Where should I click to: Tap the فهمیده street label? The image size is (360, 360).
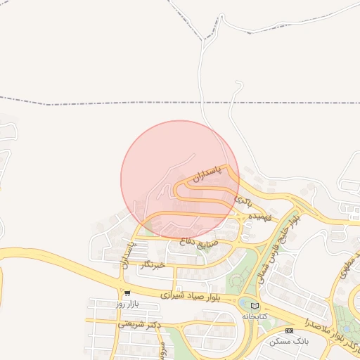pos(261,218)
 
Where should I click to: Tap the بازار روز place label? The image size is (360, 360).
pos(129,303)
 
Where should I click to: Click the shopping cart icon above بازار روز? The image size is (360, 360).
pos(127,292)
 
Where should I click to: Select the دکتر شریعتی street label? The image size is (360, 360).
pos(140,324)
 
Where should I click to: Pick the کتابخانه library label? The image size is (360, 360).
pos(255,316)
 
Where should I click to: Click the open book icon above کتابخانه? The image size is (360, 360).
pos(255,307)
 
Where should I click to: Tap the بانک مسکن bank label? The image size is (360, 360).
pos(289,341)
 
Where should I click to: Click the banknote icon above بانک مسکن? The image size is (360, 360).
pos(289,330)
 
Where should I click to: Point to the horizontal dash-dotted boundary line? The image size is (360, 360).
pos(105,103)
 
